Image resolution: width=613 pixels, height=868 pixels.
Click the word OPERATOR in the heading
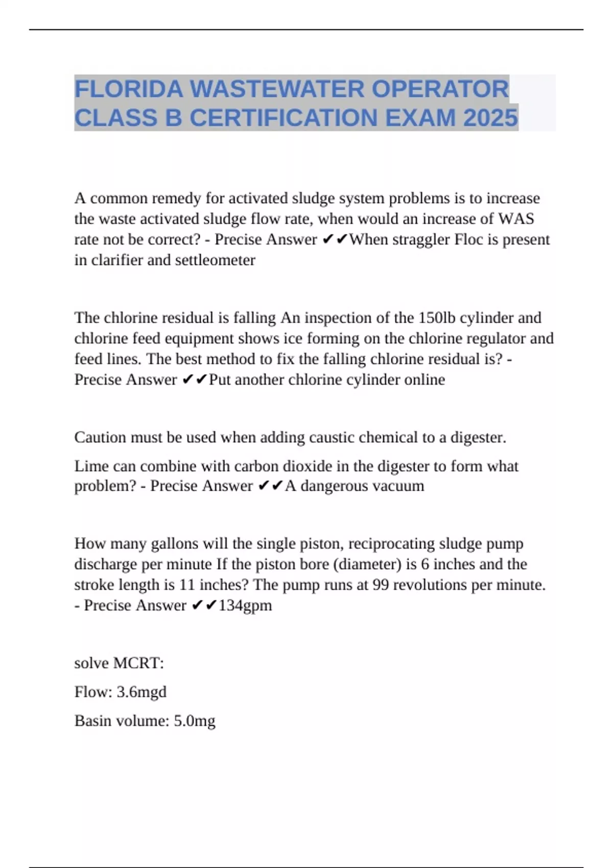point(440,89)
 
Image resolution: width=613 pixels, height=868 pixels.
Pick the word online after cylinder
point(425,379)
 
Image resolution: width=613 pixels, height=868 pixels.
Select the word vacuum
point(398,486)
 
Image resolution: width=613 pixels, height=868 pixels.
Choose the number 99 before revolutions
point(381,585)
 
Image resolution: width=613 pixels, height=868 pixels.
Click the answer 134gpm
point(245,606)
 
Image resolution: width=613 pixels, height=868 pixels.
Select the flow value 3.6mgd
point(142,692)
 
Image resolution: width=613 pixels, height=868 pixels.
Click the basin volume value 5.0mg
point(195,721)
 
